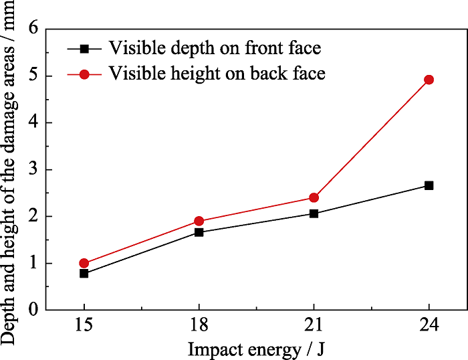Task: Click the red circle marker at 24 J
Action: [429, 80]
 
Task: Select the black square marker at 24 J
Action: [429, 185]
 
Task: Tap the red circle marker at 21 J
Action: [314, 197]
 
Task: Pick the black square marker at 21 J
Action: [314, 213]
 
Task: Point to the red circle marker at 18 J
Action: [199, 221]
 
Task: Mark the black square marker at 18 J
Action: [199, 232]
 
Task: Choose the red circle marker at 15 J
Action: [84, 263]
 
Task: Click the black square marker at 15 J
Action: [84, 274]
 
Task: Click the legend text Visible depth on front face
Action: [215, 49]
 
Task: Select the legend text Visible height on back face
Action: [217, 73]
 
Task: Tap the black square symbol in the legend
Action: [84, 49]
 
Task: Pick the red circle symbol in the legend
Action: [84, 74]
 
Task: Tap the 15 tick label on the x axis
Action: [84, 326]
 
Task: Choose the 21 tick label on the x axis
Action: [314, 326]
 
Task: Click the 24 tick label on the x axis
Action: [429, 326]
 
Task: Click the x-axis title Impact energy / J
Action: [256, 348]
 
